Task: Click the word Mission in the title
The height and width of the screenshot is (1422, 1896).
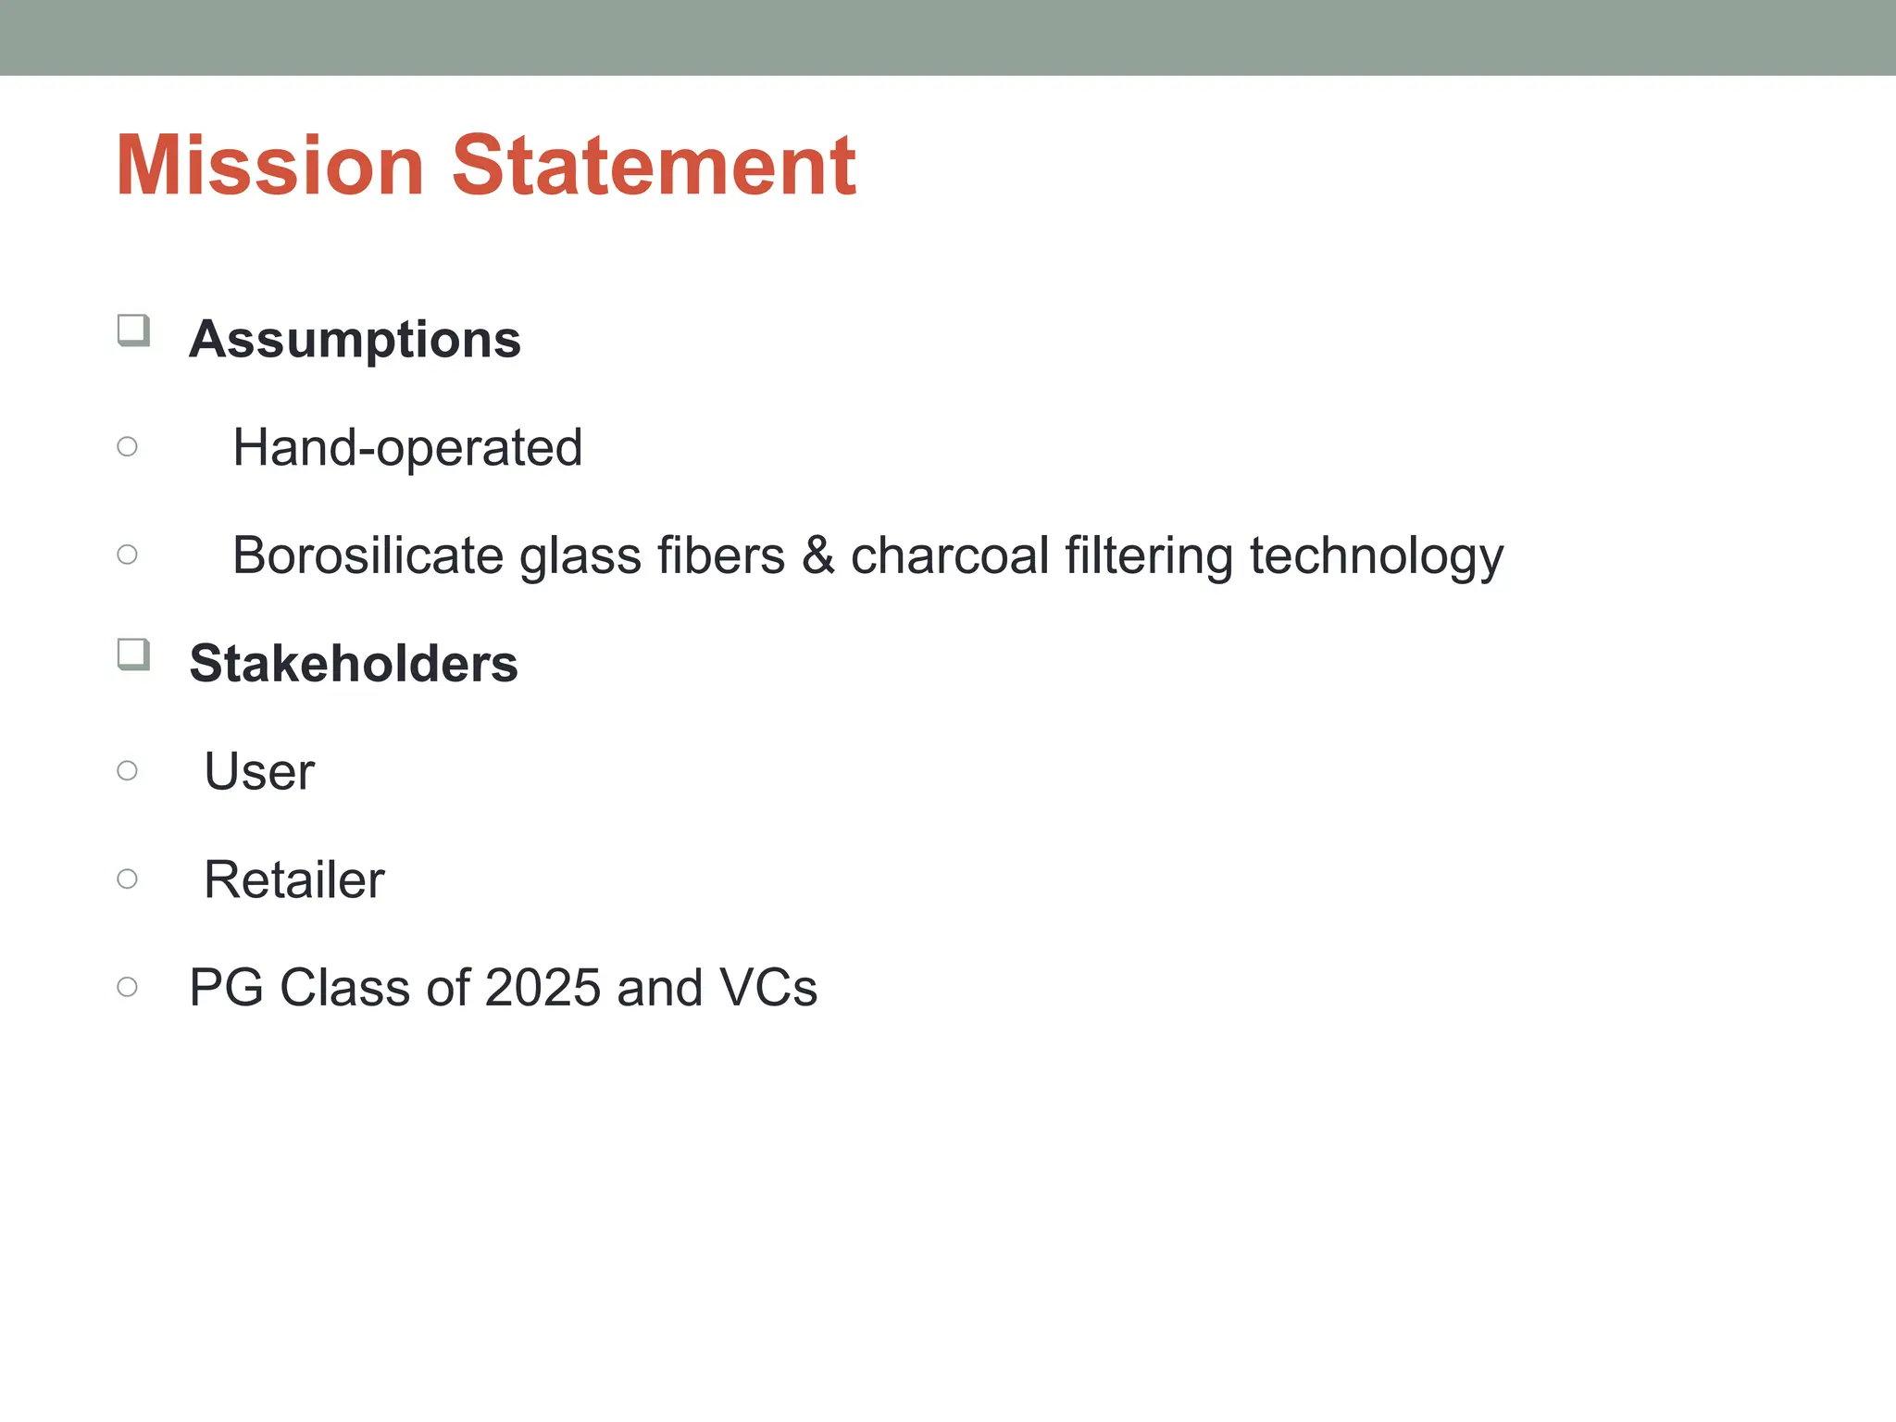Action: tap(269, 167)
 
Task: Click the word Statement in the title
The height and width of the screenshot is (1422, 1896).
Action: tap(654, 167)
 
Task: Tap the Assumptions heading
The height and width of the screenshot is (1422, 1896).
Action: tap(355, 339)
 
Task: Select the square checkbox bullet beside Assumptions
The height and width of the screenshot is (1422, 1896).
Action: tap(133, 330)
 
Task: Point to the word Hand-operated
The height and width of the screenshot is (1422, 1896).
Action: tap(407, 448)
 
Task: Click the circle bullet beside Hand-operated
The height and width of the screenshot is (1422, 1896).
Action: tap(128, 447)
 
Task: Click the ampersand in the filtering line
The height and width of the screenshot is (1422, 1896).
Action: tap(817, 555)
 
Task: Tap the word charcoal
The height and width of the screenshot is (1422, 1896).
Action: tap(948, 555)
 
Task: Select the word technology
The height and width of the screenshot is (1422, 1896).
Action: tap(1376, 557)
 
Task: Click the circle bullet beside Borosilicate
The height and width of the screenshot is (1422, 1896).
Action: tap(128, 555)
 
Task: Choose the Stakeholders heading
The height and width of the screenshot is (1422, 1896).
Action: tap(353, 664)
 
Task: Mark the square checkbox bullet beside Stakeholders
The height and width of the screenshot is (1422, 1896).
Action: tap(133, 654)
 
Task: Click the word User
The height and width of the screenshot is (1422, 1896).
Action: tap(259, 772)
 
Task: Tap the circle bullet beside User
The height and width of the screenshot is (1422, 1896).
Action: tap(128, 770)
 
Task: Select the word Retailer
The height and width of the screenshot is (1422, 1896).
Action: tap(293, 879)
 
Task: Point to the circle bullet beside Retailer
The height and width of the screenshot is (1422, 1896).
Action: tap(128, 879)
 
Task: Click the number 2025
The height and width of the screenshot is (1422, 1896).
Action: tap(543, 988)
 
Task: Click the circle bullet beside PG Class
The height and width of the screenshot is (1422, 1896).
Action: tap(128, 987)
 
